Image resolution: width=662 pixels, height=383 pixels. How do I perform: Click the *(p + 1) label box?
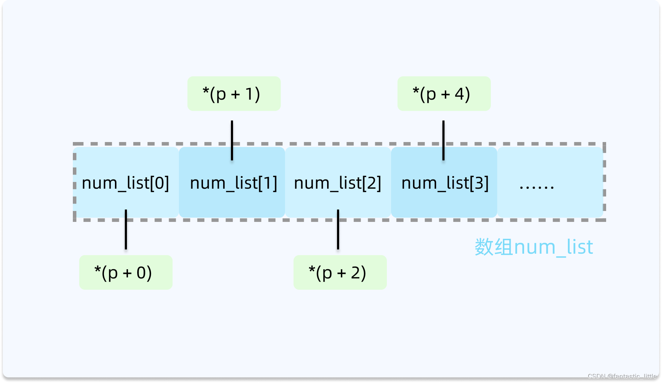234,94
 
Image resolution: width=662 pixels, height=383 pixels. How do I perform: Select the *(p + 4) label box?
444,94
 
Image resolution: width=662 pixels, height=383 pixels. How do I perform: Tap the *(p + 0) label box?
126,272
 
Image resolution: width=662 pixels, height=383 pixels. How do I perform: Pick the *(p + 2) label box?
340,272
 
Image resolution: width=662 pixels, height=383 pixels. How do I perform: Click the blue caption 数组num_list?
534,247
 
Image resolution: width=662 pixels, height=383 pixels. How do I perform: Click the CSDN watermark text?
622,376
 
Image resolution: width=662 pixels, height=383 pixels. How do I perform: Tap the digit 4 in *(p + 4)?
459,94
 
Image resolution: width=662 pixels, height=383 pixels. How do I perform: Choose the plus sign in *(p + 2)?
341,273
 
